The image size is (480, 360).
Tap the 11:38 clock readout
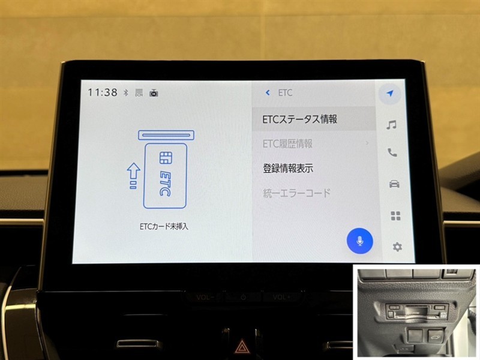pyautogui.click(x=103, y=92)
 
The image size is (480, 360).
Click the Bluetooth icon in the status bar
pyautogui.click(x=126, y=92)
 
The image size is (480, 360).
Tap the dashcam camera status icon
pyautogui.click(x=154, y=92)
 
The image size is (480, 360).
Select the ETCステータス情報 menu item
pyautogui.click(x=299, y=119)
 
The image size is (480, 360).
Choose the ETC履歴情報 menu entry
pyautogui.click(x=287, y=143)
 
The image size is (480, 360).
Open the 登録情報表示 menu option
pyautogui.click(x=288, y=168)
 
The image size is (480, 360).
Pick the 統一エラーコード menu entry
pyautogui.click(x=296, y=193)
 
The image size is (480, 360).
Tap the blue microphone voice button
pyautogui.click(x=359, y=241)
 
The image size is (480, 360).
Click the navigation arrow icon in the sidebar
pyautogui.click(x=389, y=93)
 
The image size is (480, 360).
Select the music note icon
pyautogui.click(x=391, y=125)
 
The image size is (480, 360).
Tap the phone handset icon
pyautogui.click(x=392, y=152)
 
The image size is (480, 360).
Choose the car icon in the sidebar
pyautogui.click(x=394, y=184)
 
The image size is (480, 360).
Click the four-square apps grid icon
pyautogui.click(x=395, y=216)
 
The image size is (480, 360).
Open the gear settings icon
pyautogui.click(x=397, y=247)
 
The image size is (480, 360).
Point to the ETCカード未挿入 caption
pyautogui.click(x=164, y=227)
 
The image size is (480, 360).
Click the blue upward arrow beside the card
pyautogui.click(x=133, y=175)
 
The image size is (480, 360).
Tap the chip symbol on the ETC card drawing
pyautogui.click(x=166, y=158)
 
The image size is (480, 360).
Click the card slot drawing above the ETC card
pyautogui.click(x=166, y=135)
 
